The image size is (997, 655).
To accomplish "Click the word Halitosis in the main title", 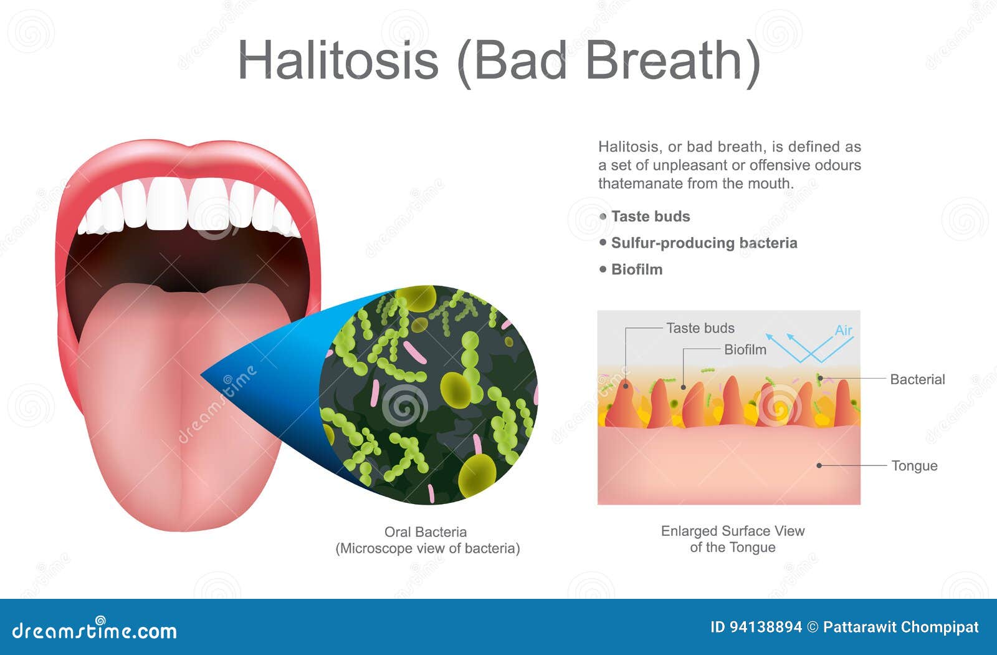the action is click(x=338, y=60).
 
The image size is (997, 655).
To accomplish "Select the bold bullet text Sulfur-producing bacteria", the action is click(x=704, y=243).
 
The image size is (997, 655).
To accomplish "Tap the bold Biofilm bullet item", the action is click(x=637, y=269).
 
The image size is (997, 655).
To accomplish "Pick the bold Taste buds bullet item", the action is click(x=651, y=216).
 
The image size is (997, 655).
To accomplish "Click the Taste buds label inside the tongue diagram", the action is click(x=700, y=328).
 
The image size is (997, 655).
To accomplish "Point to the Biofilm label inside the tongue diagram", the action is click(x=745, y=350).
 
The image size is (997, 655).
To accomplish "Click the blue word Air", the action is click(x=844, y=330).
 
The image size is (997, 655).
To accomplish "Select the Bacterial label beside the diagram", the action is click(x=917, y=379).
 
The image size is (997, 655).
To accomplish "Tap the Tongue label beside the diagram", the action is click(x=914, y=465).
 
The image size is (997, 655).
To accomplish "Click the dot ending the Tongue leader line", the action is click(x=819, y=465).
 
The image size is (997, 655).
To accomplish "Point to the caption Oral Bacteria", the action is click(x=426, y=532).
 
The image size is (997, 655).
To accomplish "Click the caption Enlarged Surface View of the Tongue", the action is click(x=733, y=539).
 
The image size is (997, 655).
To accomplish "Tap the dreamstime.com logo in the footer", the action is click(x=94, y=630).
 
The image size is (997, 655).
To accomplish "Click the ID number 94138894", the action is click(x=766, y=628).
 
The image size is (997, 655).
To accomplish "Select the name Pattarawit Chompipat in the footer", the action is click(x=901, y=628).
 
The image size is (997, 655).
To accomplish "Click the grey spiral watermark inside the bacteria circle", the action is click(x=404, y=406).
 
